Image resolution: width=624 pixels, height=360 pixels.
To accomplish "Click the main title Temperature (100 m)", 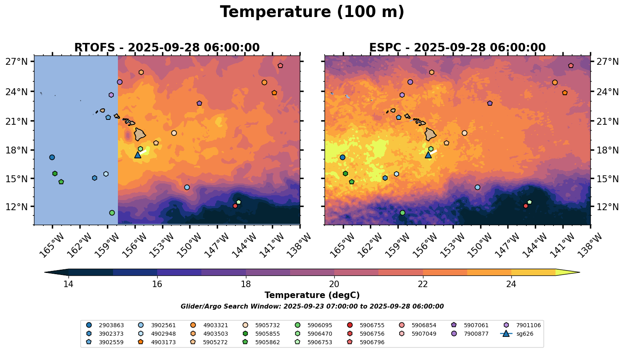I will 312,12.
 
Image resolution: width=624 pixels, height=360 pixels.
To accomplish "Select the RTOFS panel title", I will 167,48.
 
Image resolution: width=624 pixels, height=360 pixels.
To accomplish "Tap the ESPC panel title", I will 457,48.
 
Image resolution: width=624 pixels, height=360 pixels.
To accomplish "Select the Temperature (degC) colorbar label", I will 312,295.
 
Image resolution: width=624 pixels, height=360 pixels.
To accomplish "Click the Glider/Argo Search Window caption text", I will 312,307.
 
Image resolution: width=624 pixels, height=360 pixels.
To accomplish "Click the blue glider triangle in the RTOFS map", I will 138,155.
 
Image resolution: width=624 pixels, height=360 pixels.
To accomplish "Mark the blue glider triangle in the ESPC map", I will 428,155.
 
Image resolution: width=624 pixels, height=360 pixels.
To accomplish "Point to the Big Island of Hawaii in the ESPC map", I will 431,134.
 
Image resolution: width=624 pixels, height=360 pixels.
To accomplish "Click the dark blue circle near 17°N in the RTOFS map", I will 52,157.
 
